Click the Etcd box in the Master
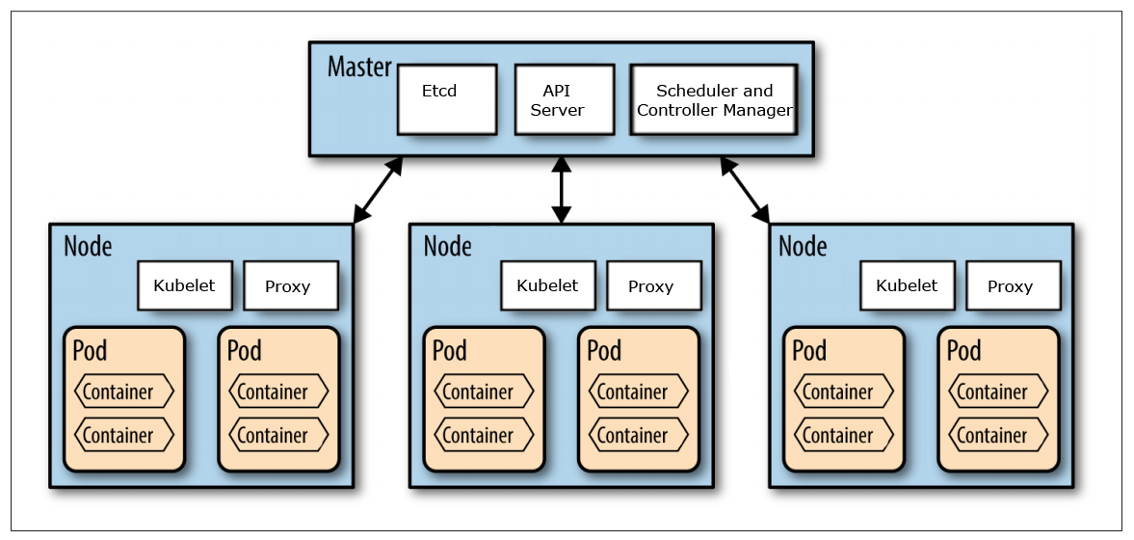coord(447,99)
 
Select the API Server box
coord(564,99)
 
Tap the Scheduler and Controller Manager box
coord(714,99)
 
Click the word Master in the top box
coord(359,67)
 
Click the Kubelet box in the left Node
coord(185,285)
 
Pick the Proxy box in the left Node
coord(290,286)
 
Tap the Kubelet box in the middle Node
coord(547,285)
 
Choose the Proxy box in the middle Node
coord(652,286)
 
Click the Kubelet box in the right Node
coord(907,285)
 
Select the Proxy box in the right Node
coord(1012,286)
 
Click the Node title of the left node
coord(88,247)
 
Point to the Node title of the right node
coord(803,247)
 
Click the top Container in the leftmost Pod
coord(124,391)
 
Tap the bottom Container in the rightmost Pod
coord(998,435)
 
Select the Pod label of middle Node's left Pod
coord(449,350)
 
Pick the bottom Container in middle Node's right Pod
coord(639,435)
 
